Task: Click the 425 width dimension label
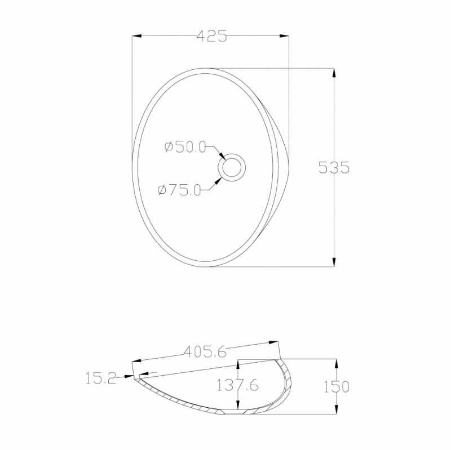(x=212, y=36)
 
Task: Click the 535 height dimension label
(x=334, y=167)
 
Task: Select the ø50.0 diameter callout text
(x=185, y=147)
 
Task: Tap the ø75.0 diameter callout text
(x=179, y=190)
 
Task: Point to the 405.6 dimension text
(x=205, y=351)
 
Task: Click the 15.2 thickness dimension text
(x=101, y=378)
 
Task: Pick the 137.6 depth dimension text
(x=237, y=385)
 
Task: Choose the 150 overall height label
(x=336, y=387)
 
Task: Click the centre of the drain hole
(x=232, y=167)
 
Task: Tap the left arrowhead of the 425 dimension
(x=136, y=36)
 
